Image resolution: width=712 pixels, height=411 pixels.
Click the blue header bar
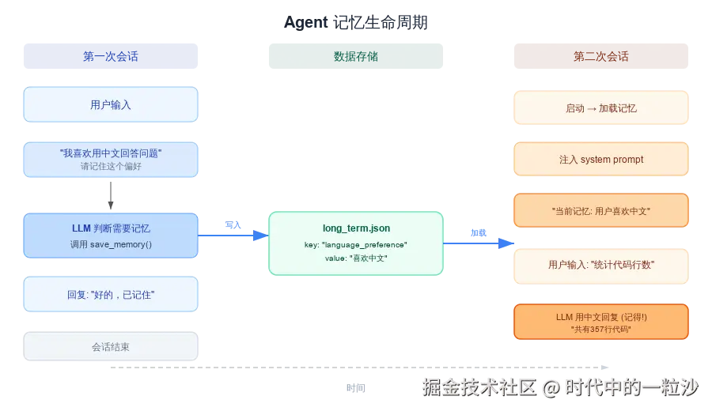(x=111, y=56)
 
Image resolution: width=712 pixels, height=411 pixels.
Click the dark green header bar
(x=355, y=56)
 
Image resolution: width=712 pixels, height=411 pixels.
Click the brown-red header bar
(x=600, y=56)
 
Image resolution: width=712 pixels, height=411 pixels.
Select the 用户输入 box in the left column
(x=111, y=104)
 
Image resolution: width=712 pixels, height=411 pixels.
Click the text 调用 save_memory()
(x=111, y=245)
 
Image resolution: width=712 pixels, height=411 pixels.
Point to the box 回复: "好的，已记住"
(x=111, y=294)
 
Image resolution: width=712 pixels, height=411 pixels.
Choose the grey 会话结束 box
(x=111, y=346)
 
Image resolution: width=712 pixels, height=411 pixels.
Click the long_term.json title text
(x=356, y=228)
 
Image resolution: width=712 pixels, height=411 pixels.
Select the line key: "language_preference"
(x=356, y=245)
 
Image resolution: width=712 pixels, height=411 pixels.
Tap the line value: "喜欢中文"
(x=356, y=258)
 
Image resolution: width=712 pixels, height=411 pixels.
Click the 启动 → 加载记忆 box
(x=601, y=108)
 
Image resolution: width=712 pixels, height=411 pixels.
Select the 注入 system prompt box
(x=601, y=160)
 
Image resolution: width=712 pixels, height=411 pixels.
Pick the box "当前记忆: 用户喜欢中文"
(x=601, y=211)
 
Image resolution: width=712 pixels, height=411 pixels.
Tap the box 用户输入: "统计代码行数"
(x=601, y=265)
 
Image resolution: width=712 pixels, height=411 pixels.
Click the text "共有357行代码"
(x=601, y=329)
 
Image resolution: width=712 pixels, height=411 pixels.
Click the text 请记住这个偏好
(x=111, y=166)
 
